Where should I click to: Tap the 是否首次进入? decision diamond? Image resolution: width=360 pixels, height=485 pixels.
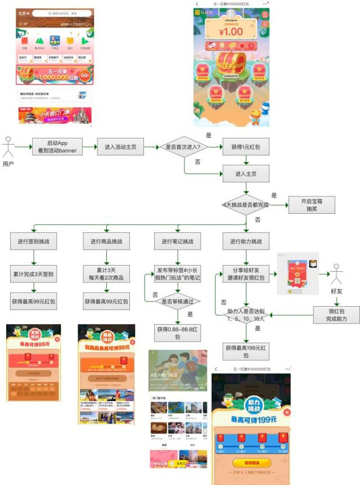[184, 147]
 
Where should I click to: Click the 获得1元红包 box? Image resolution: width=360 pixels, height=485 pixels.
[246, 147]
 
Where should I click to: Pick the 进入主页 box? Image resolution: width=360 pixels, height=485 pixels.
[246, 174]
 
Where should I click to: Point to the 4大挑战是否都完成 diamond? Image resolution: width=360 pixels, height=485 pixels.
[246, 205]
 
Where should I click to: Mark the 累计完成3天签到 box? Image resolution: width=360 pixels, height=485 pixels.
[34, 274]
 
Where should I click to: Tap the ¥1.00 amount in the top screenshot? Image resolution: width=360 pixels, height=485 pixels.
[231, 31]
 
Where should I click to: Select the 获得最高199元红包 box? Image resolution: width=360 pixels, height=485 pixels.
[246, 352]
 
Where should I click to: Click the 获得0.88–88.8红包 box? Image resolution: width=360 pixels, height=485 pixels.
[178, 333]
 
